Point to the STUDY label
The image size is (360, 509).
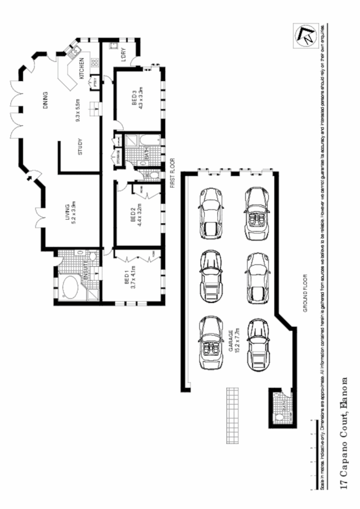pos(81,147)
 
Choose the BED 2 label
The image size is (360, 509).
pos(133,217)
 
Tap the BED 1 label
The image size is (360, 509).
pos(126,281)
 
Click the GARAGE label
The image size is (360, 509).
pos(230,340)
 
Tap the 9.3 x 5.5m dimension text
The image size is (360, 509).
pos(78,110)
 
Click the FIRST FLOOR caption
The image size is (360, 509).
pos(173,173)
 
